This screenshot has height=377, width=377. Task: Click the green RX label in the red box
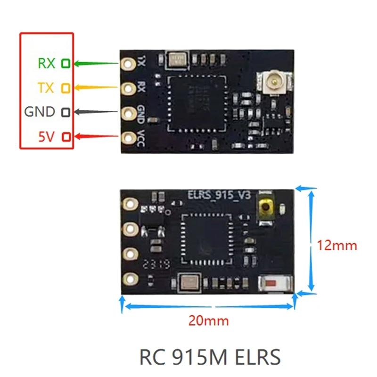(46, 63)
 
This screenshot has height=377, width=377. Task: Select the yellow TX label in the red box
(46, 88)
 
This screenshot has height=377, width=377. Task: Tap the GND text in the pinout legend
(40, 112)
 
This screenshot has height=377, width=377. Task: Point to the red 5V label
(47, 137)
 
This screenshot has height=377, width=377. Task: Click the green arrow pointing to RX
(97, 63)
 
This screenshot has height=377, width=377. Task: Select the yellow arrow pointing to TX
(97, 87)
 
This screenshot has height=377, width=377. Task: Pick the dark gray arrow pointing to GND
(97, 112)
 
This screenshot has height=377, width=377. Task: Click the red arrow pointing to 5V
(97, 137)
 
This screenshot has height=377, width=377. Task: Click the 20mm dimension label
(208, 321)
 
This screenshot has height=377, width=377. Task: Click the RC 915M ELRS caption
(210, 357)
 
